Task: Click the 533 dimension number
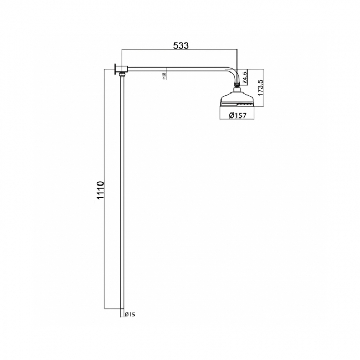[181, 46]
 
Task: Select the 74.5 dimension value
[245, 77]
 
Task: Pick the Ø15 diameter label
[130, 315]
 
